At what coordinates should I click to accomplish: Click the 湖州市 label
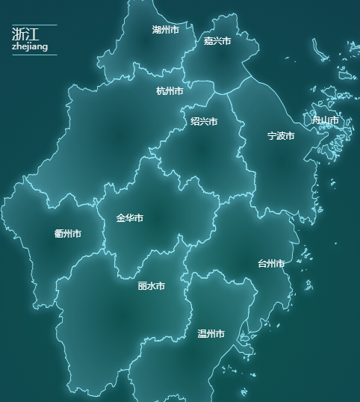pos(165,30)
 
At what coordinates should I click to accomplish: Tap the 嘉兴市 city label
pos(217,41)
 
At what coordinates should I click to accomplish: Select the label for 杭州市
pos(170,91)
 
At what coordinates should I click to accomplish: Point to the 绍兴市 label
pos(204,121)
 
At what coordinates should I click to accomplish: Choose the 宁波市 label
pos(281,136)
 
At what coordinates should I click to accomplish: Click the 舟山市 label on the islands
pos(325,120)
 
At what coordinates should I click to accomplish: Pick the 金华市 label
pos(129,218)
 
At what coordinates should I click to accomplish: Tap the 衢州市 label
pos(68,234)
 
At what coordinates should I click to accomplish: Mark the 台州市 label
pos(271,264)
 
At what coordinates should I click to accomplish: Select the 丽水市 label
pos(152,286)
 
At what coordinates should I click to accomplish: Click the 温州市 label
pos(211,334)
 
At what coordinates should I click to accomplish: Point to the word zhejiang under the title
pos(30,47)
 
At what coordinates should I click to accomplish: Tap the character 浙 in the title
pos(19,34)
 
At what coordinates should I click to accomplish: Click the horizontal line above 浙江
pos(34,25)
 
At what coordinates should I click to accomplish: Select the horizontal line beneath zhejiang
pos(34,55)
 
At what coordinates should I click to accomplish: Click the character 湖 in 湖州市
pos(157,30)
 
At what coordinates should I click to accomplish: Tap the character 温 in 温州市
pos(202,334)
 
